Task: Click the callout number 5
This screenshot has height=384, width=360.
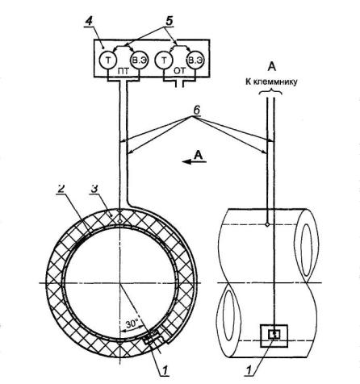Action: click(x=169, y=21)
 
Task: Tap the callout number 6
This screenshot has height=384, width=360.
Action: click(x=197, y=111)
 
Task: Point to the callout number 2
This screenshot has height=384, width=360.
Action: click(x=61, y=188)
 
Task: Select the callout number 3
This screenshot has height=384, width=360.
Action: click(x=94, y=188)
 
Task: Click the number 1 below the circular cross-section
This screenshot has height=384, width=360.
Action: click(x=165, y=370)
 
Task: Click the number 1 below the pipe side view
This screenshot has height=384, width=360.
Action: click(x=249, y=369)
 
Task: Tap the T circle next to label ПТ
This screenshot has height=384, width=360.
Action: click(x=108, y=61)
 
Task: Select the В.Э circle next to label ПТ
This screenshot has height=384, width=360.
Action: click(x=139, y=61)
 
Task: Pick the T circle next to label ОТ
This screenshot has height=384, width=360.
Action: click(x=164, y=61)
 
